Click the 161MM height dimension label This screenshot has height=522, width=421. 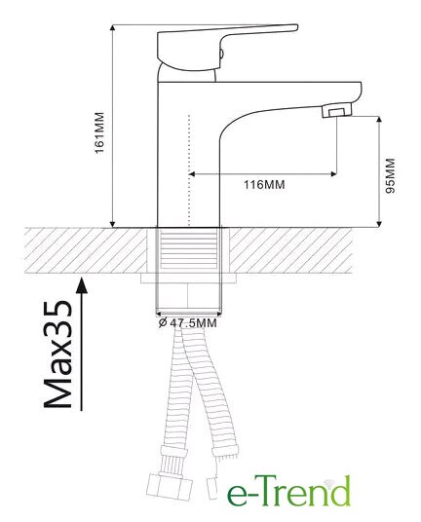click(x=99, y=132)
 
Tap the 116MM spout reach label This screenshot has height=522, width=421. click(x=264, y=184)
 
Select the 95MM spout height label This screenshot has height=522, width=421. click(x=390, y=175)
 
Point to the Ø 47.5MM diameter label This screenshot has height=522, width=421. click(x=187, y=322)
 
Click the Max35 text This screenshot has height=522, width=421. click(x=57, y=354)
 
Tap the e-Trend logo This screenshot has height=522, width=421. click(x=288, y=491)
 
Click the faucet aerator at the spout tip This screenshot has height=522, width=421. click(x=337, y=110)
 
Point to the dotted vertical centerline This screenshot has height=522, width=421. click(x=189, y=170)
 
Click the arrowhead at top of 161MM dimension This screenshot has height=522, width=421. click(x=113, y=28)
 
